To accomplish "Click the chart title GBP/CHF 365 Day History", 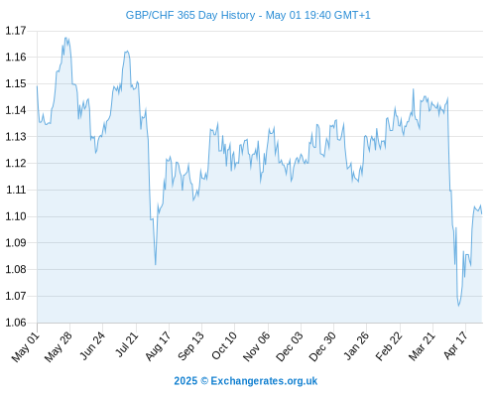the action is (x=190, y=15).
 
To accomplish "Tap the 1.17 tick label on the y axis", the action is (x=16, y=31).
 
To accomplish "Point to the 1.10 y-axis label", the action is (x=16, y=216).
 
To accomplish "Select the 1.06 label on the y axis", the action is (x=16, y=323).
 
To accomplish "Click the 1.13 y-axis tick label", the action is (x=16, y=136).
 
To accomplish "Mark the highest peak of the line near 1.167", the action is (x=65, y=38).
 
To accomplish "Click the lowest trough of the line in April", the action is (x=458, y=306).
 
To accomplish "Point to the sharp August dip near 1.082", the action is (x=156, y=265).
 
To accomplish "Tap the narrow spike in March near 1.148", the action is (x=413, y=89).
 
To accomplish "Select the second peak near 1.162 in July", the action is (x=127, y=52).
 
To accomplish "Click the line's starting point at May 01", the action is (x=37, y=86).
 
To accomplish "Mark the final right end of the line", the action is (x=482, y=213).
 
